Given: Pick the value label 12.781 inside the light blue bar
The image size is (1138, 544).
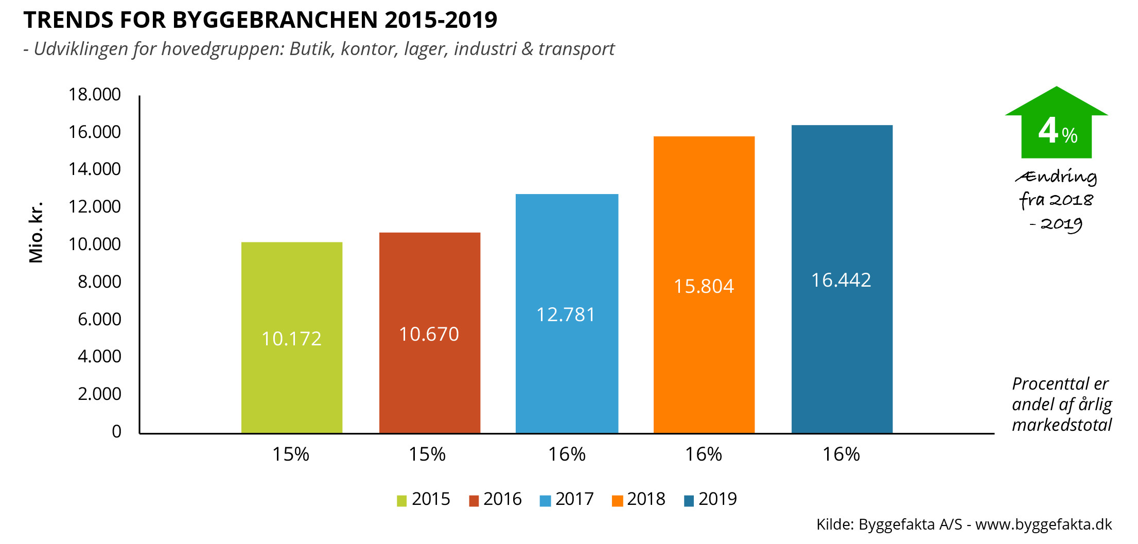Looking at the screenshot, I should pyautogui.click(x=566, y=314).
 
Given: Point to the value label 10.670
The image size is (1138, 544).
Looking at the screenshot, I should pyautogui.click(x=429, y=335).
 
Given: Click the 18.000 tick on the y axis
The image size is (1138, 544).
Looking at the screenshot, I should pyautogui.click(x=95, y=95).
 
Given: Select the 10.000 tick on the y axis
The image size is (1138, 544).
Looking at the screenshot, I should pyautogui.click(x=95, y=244).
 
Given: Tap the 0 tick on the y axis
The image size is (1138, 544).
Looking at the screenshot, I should pyautogui.click(x=117, y=431).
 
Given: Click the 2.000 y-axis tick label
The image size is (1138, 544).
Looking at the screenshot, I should pyautogui.click(x=99, y=394).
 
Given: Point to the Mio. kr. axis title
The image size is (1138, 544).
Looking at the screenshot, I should pyautogui.click(x=36, y=233).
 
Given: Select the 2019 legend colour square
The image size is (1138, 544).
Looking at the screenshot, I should pyautogui.click(x=689, y=501).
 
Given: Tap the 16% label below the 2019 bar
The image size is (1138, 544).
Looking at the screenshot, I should pyautogui.click(x=841, y=454).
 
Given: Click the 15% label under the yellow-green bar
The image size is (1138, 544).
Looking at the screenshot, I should pyautogui.click(x=291, y=454).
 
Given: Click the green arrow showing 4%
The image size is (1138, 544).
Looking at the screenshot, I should pyautogui.click(x=1056, y=126).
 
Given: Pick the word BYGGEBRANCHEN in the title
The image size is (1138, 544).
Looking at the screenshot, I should pyautogui.click(x=275, y=20).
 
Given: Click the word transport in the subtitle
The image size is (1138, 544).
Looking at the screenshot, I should pyautogui.click(x=576, y=49).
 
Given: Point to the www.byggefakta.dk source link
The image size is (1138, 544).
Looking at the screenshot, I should pyautogui.click(x=1043, y=524).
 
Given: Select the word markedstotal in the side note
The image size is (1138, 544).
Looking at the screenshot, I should pyautogui.click(x=1062, y=425).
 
